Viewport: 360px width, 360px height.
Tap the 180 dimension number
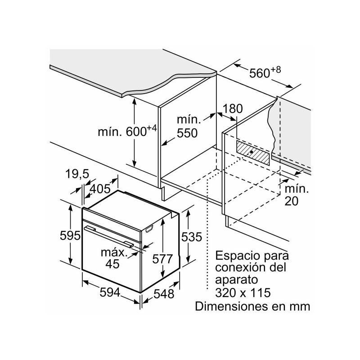[232, 108]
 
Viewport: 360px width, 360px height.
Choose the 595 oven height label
[71, 235]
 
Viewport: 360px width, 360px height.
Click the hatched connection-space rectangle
[253, 154]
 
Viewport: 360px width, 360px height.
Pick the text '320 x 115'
[243, 293]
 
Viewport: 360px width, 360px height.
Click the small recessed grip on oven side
[149, 230]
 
